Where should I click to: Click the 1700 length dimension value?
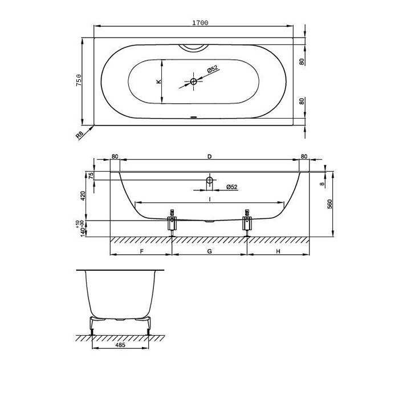click(200, 23)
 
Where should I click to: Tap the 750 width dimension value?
click(79, 80)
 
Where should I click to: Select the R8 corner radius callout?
click(80, 135)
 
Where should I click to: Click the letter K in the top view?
click(159, 82)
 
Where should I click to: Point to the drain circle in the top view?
click(194, 82)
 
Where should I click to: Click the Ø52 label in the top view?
click(212, 69)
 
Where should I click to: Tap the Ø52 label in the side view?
click(231, 187)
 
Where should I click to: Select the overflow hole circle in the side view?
click(209, 180)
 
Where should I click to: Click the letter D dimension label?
click(209, 156)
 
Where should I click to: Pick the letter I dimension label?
click(210, 199)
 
